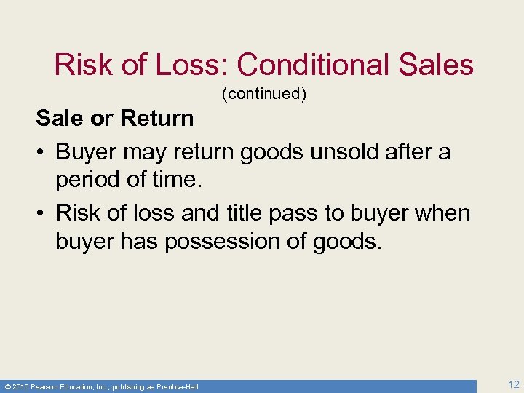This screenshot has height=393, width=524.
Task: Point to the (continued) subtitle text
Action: coord(262,93)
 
